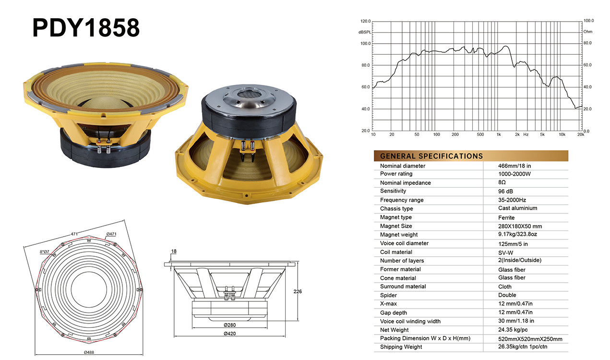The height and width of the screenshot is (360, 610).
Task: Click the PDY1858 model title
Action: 86,27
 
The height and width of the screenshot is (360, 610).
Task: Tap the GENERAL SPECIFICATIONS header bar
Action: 471,156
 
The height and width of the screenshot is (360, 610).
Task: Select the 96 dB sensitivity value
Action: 505,191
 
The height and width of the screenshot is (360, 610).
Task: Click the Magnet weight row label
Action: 399,234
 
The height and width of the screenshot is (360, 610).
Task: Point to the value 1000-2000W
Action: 514,174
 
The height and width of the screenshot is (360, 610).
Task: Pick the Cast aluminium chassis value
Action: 518,208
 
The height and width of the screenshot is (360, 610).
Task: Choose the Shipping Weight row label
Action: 401,347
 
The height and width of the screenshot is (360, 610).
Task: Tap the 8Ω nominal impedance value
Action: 502,182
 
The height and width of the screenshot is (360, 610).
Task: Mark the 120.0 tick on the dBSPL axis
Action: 365,21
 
